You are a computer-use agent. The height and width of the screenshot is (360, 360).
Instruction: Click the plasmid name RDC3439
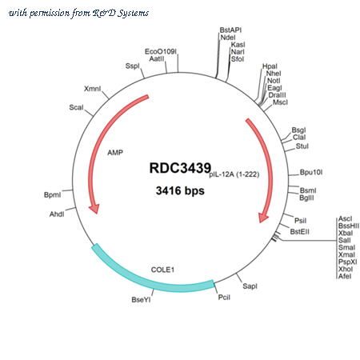[180, 168]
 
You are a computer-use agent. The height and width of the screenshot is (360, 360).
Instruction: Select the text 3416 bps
[180, 190]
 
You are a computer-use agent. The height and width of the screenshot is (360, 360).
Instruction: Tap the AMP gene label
[115, 153]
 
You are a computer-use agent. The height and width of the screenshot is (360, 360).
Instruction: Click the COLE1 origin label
[162, 270]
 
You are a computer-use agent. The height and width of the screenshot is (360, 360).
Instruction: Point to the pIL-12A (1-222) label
[234, 174]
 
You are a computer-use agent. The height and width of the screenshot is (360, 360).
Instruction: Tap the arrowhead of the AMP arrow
[94, 209]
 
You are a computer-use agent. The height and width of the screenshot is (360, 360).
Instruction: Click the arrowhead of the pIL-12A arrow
[263, 218]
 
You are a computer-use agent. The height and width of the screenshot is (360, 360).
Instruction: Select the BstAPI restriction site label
[230, 30]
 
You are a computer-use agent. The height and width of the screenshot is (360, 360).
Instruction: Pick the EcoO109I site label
[161, 51]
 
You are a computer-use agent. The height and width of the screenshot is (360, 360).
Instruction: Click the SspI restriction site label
[133, 66]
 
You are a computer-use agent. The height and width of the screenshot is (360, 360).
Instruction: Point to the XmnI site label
[93, 89]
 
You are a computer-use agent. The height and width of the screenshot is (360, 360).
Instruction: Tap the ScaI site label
[76, 107]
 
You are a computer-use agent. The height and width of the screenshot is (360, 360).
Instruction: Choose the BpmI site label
[52, 195]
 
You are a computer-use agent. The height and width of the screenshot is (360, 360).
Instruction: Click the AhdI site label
[57, 214]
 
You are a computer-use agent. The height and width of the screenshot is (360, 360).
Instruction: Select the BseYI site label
[141, 300]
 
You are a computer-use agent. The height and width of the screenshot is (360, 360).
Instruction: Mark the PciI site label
[224, 298]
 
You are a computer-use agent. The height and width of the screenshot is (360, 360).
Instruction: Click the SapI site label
[250, 286]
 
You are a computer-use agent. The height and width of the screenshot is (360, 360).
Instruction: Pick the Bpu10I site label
[311, 172]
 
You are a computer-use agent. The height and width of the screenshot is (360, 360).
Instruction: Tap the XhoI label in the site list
[346, 269]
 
